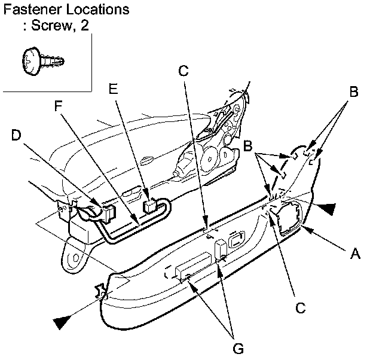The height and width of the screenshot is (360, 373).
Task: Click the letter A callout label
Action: pyautogui.click(x=355, y=254)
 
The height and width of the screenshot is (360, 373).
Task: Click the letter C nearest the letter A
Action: pyautogui.click(x=301, y=308)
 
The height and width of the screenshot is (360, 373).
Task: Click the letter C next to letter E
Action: pyautogui.click(x=184, y=71)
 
